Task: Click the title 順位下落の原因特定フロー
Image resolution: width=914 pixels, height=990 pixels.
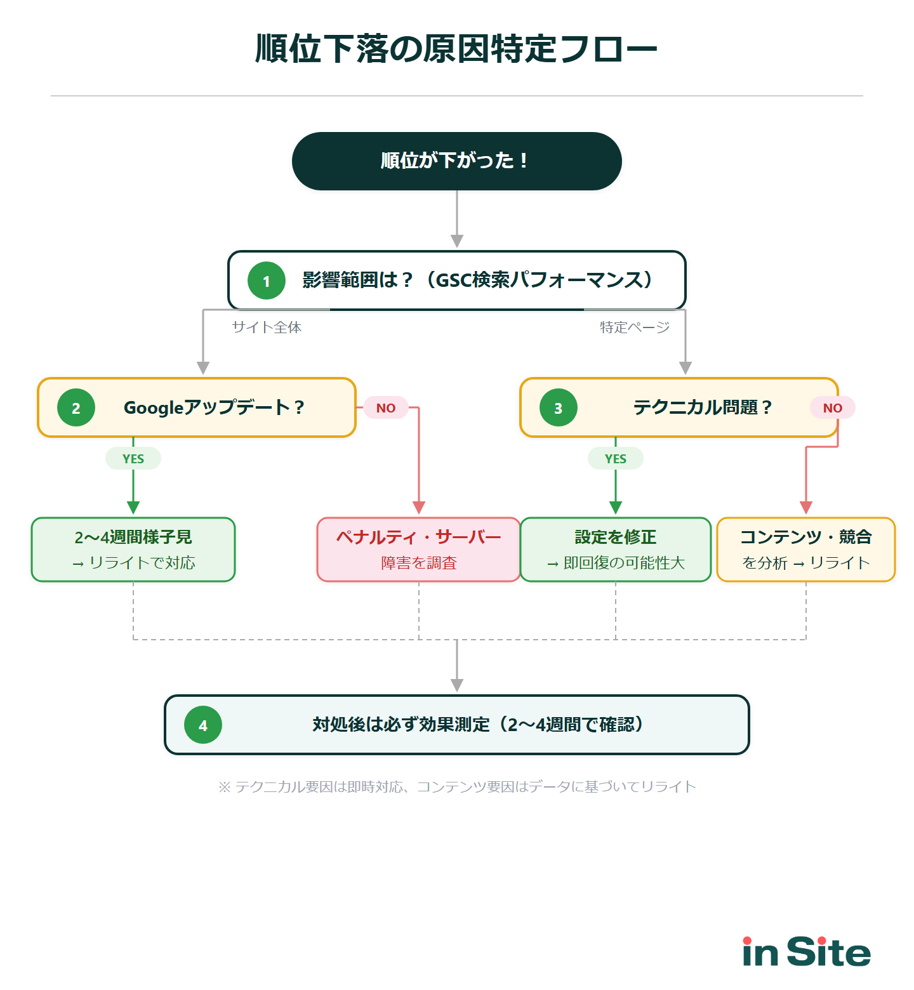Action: [x=456, y=49]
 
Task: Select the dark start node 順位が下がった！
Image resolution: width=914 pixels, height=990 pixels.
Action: [x=456, y=161]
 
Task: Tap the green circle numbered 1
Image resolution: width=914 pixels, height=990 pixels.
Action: [x=267, y=280]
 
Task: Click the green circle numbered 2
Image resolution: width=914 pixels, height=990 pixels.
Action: [x=76, y=407]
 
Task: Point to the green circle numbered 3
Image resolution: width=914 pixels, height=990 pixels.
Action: [x=559, y=407]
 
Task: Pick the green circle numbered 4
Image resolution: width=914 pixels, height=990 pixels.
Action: [x=203, y=725]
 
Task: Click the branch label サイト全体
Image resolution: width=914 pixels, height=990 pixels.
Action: [x=267, y=327]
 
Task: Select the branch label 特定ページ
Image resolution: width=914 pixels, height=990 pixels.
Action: [x=635, y=327]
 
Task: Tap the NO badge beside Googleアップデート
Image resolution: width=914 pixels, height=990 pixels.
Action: [x=386, y=408]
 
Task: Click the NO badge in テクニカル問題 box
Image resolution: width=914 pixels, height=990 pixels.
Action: [x=832, y=408]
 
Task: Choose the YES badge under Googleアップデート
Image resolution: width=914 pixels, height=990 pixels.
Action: [x=133, y=458]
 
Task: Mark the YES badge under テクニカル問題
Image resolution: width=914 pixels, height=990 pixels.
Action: [x=616, y=458]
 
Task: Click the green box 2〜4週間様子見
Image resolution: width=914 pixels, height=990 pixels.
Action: [x=133, y=550]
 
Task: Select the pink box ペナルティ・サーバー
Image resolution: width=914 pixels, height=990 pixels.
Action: [x=419, y=550]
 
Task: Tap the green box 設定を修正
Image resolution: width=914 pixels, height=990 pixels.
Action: [x=616, y=550]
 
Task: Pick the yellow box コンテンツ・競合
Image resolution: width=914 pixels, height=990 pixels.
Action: [x=806, y=550]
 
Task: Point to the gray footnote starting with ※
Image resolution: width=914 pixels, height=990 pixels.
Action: [x=457, y=787]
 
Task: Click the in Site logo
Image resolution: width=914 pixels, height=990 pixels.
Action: [x=806, y=952]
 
